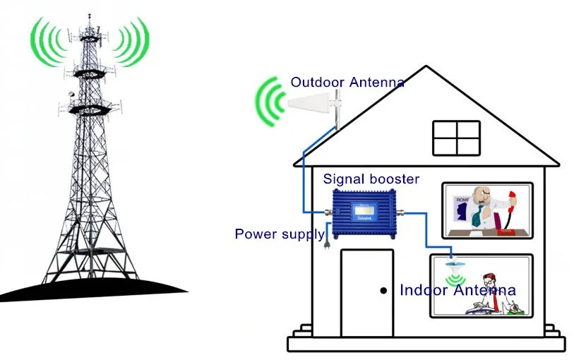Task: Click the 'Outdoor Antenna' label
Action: coord(347,83)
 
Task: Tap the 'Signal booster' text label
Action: coord(371,179)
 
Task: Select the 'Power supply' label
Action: coord(280,234)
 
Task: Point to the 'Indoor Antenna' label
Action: coord(458,290)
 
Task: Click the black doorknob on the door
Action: coord(383,290)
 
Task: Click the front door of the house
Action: coord(367,293)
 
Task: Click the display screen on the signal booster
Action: coord(364,210)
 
